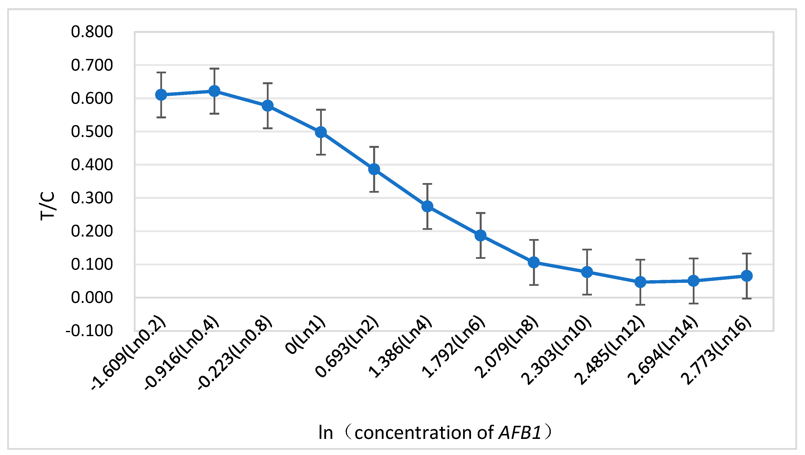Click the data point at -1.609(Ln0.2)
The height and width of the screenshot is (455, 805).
(x=161, y=94)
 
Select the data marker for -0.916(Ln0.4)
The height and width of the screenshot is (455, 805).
(x=214, y=91)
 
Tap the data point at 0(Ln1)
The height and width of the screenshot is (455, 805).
(x=321, y=132)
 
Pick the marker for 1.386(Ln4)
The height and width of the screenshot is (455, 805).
(x=427, y=206)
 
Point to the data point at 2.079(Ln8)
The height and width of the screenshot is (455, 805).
(x=534, y=262)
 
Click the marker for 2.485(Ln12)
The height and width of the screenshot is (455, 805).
(x=640, y=282)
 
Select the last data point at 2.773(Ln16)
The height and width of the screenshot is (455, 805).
(x=747, y=276)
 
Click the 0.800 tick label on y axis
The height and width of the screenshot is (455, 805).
(x=92, y=32)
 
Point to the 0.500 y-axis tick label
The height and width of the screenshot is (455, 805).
(x=92, y=132)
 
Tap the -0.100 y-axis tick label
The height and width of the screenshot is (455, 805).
(x=89, y=331)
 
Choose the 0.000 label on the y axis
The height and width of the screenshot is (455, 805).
(x=92, y=297)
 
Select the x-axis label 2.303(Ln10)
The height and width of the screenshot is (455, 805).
(x=556, y=351)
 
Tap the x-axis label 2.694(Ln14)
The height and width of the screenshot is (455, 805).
(x=663, y=351)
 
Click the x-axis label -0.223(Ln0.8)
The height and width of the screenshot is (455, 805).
(x=235, y=353)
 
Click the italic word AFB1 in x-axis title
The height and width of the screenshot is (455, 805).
(x=520, y=432)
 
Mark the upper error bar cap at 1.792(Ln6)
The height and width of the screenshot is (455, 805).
(x=481, y=213)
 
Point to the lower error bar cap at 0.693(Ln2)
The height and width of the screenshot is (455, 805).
(x=374, y=191)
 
